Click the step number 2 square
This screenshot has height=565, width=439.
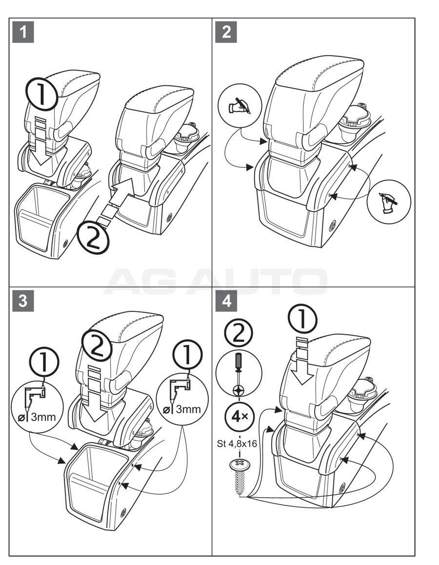pyautogui.click(x=226, y=32)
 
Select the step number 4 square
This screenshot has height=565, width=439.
pyautogui.click(x=226, y=302)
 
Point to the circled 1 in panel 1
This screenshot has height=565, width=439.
pyautogui.click(x=41, y=93)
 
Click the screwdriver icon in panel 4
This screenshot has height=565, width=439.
pyautogui.click(x=239, y=373)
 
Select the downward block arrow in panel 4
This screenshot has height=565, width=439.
pyautogui.click(x=299, y=365)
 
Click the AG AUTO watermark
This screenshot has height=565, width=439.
pyautogui.click(x=215, y=282)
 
